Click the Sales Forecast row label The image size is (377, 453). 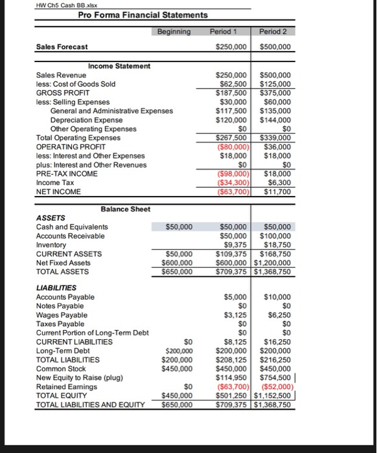click(x=62, y=47)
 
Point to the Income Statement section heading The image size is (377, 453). click(x=119, y=66)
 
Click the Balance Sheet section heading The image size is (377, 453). click(x=126, y=209)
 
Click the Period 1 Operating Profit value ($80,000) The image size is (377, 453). click(x=233, y=147)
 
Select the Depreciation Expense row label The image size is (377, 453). click(x=86, y=120)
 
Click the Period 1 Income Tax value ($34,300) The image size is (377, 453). click(x=233, y=183)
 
